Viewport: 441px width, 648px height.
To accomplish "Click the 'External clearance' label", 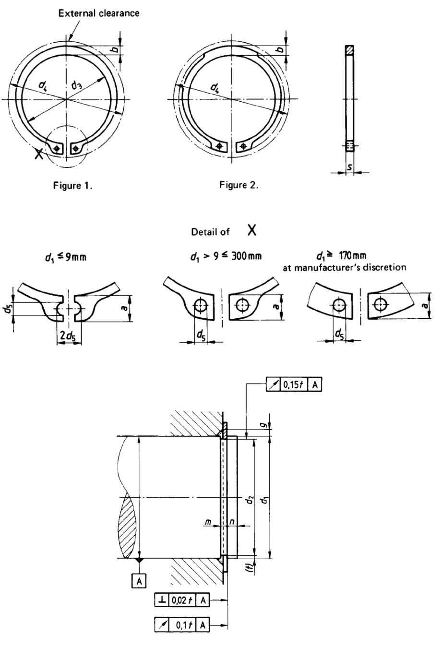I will click(x=99, y=13).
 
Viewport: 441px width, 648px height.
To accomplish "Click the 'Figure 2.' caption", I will click(x=239, y=185).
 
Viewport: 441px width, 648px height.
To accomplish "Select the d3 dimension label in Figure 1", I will click(x=77, y=86).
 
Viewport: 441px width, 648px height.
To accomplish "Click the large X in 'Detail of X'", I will click(x=251, y=230).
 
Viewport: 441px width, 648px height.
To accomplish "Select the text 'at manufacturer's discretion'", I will click(x=344, y=268).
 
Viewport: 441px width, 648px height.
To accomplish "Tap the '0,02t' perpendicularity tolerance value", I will click(x=181, y=600).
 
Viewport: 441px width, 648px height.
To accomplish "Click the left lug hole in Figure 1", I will click(x=57, y=149).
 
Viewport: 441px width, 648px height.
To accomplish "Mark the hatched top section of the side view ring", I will click(x=350, y=49).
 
